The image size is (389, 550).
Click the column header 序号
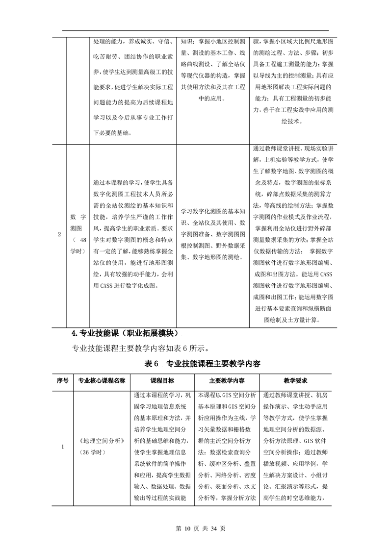(x=62, y=380)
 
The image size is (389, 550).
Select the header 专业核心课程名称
(x=102, y=380)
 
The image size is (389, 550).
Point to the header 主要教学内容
(x=227, y=380)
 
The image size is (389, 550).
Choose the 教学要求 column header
(x=295, y=380)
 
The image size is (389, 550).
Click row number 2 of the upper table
(x=60, y=234)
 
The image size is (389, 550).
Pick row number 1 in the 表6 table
(x=62, y=446)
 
